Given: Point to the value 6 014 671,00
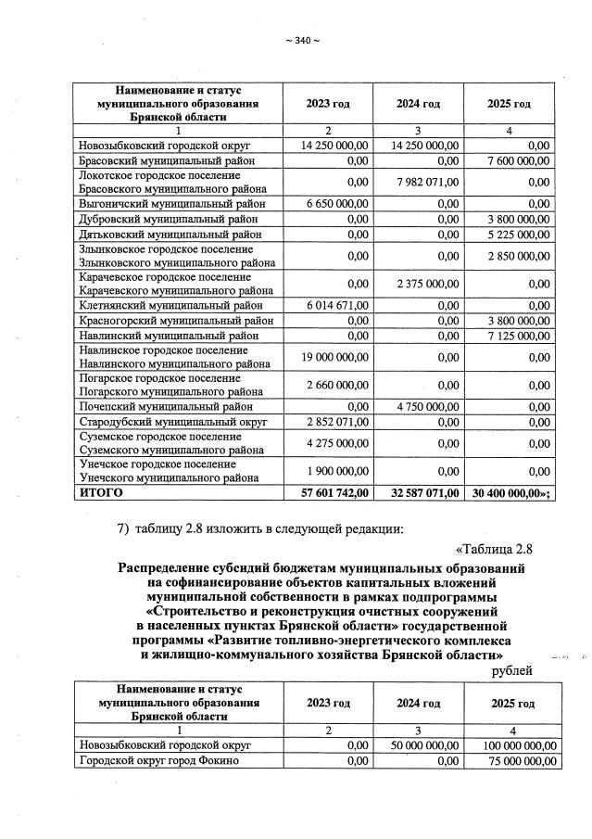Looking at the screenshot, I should pyautogui.click(x=335, y=302).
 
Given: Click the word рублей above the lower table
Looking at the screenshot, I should pyautogui.click(x=511, y=669).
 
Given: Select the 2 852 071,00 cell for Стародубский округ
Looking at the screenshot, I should pyautogui.click(x=335, y=422).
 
